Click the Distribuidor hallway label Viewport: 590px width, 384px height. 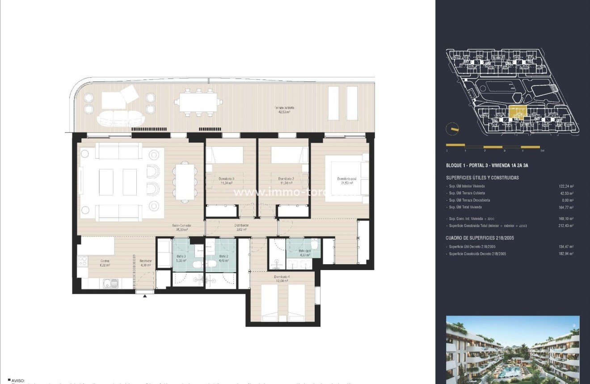pyautogui.click(x=242, y=226)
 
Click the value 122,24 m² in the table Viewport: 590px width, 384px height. pyautogui.click(x=566, y=186)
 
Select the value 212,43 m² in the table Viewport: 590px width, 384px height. pyautogui.click(x=566, y=226)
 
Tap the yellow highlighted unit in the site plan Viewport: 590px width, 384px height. pyautogui.click(x=518, y=114)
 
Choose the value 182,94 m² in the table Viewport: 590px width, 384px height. pyautogui.click(x=566, y=254)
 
